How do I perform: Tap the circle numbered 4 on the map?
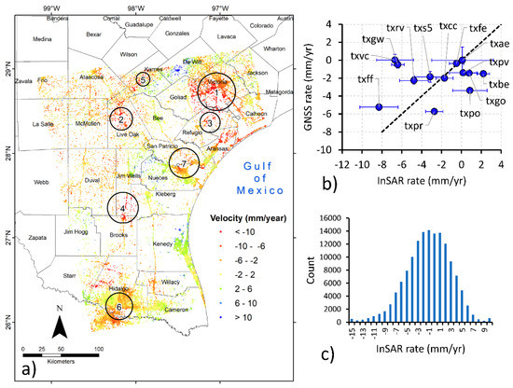point(122,208)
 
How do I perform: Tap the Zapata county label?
point(38,239)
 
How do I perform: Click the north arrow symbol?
point(58,327)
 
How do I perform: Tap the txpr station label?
point(417,125)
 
